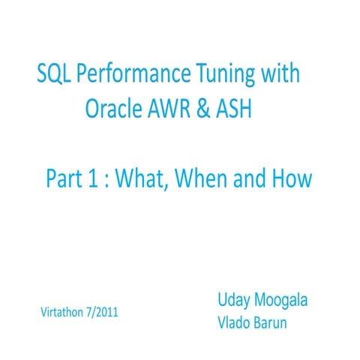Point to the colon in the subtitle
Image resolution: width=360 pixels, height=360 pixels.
click(x=106, y=180)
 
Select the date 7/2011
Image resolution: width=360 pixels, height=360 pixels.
click(x=106, y=311)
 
